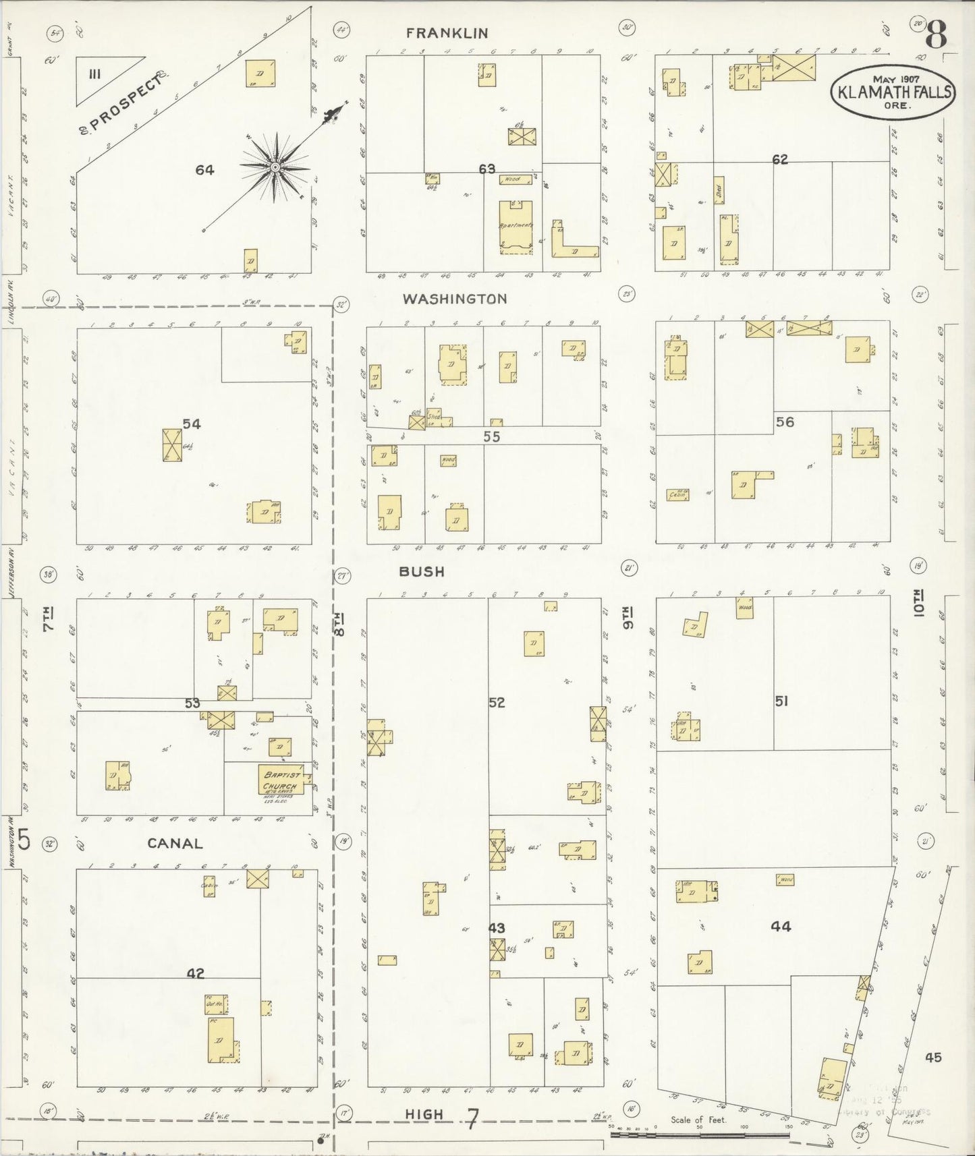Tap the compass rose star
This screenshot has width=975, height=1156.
coord(275,166)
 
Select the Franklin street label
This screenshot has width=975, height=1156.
coord(447,33)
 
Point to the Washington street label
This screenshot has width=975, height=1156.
coord(455,299)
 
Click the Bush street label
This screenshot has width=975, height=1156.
coord(422,571)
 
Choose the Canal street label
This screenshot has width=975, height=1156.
coord(175,843)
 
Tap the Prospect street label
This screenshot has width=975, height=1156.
coord(126,102)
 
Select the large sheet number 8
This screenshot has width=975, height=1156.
coord(937,33)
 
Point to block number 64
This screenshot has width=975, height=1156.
coord(204,170)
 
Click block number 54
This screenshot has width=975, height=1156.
coord(192,424)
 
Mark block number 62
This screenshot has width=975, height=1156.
coord(780,160)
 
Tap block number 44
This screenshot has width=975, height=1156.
coord(781,927)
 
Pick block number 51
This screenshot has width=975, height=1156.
coord(781,701)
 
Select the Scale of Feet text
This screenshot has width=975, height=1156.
coord(698,1120)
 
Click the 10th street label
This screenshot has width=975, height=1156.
coord(921,602)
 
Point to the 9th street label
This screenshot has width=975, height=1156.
coord(629,616)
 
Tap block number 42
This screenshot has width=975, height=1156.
coord(195,973)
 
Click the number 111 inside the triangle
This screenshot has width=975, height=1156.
coord(94,74)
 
